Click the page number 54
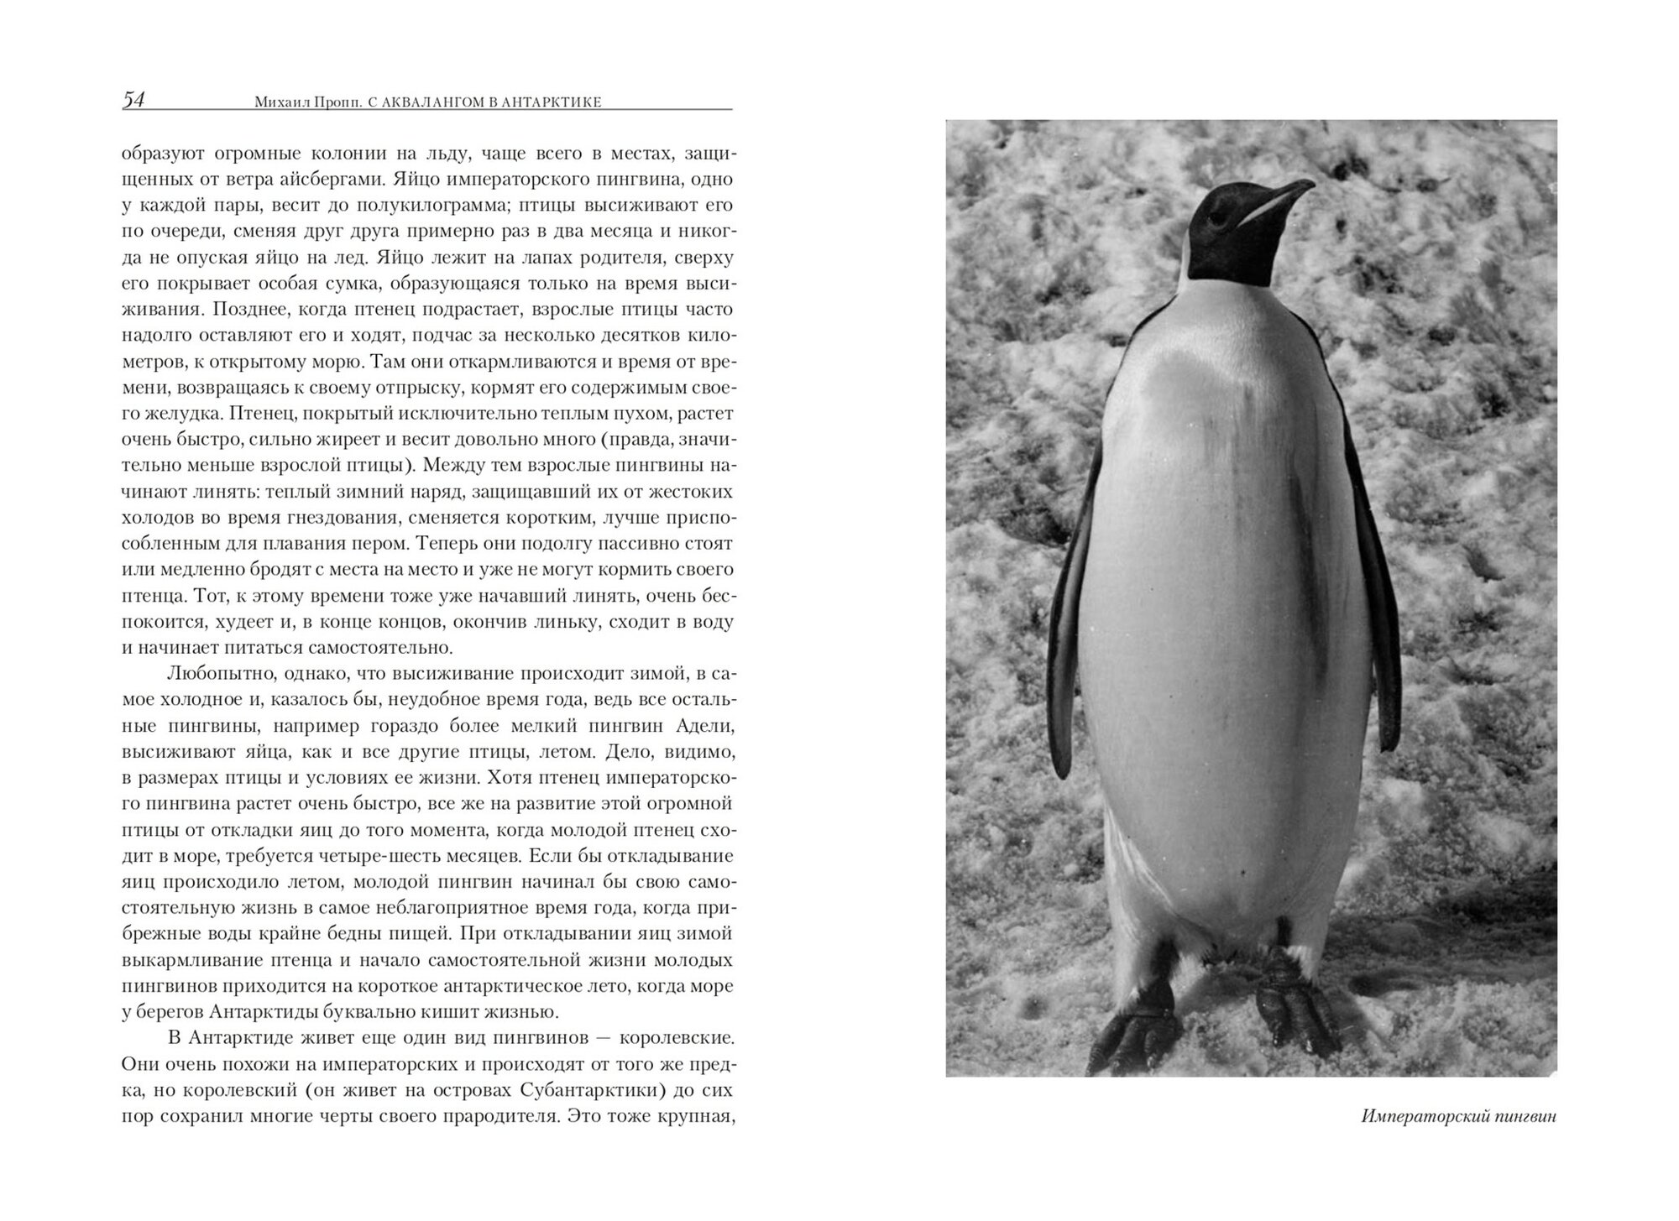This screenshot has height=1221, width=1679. pos(133,100)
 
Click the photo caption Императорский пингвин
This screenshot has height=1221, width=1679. pos(1458,1117)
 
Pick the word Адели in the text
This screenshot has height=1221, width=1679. pos(707,725)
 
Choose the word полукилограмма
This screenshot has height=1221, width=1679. pos(440,205)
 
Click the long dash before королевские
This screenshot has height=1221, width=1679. pos(604,1038)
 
